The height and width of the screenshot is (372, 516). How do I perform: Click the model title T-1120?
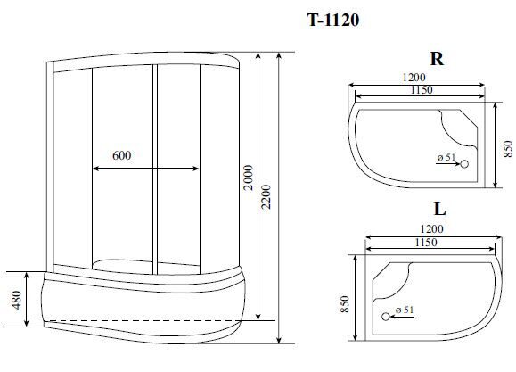pos(333,20)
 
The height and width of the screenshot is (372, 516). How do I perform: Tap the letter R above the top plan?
pos(437,59)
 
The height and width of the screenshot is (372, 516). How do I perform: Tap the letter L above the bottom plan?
pos(440,208)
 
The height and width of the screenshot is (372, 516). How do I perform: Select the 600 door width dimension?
pos(122,155)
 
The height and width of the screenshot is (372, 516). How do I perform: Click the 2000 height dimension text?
pos(250,178)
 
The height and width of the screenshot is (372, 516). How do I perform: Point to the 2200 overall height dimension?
pos(266,196)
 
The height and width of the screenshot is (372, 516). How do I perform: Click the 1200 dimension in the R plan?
pos(414,77)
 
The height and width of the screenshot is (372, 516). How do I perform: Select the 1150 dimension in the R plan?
pos(422,89)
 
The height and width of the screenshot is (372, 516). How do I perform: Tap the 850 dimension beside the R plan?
pos(508,149)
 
